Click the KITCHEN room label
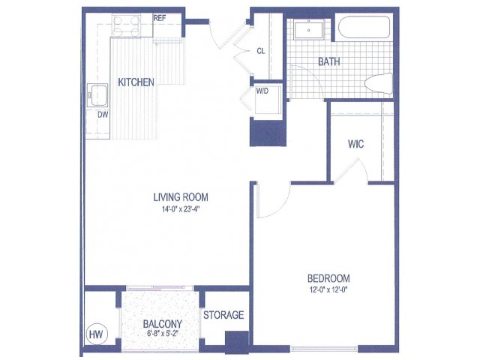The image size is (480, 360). click(x=136, y=82)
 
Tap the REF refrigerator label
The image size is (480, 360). click(x=160, y=18)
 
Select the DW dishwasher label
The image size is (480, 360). click(x=103, y=115)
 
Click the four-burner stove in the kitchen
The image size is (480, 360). click(x=127, y=25)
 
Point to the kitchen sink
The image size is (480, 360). click(x=97, y=95)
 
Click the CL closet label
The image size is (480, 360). click(x=261, y=51)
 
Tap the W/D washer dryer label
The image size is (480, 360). click(x=262, y=91)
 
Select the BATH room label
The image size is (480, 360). click(x=329, y=61)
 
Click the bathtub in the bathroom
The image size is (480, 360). click(x=364, y=27)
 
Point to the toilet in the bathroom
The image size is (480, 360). click(x=379, y=83)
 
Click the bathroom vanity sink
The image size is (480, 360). click(x=308, y=30)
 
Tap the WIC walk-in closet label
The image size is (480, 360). click(x=356, y=144)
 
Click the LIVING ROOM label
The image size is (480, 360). click(x=181, y=197)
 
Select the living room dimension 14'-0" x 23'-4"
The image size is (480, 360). click(x=181, y=210)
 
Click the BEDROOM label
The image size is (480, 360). click(x=328, y=278)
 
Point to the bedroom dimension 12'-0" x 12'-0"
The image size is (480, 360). click(x=328, y=289)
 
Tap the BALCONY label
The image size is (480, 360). click(x=163, y=324)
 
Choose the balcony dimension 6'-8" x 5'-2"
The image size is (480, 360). click(x=163, y=333)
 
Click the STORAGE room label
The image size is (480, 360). click(x=223, y=315)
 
